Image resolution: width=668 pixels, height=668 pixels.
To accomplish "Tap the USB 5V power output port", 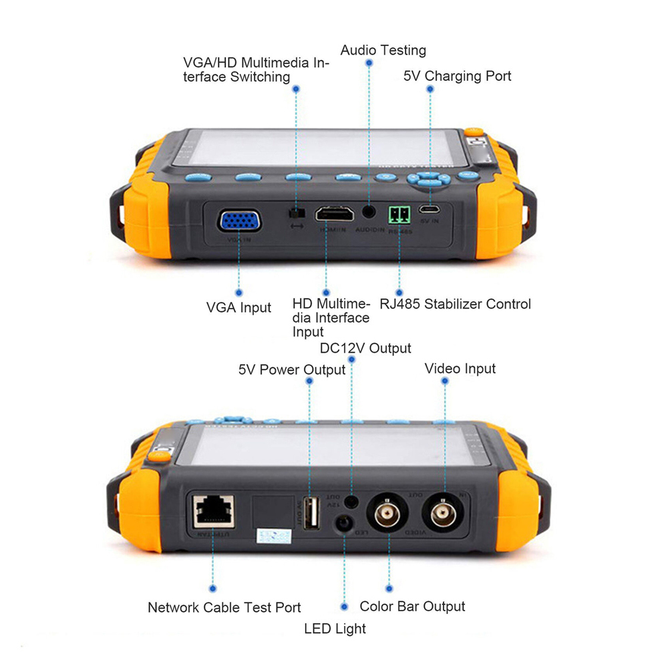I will [x=311, y=514].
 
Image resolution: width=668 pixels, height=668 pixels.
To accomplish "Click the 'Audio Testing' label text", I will [x=383, y=50].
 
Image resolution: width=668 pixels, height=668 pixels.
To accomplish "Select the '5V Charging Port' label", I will [x=457, y=76].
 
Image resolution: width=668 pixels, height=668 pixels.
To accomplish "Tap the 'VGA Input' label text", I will [x=238, y=308].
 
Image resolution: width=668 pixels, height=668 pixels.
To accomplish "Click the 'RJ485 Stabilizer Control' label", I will [x=455, y=305].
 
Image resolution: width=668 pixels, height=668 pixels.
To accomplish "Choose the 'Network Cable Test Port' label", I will [x=224, y=608].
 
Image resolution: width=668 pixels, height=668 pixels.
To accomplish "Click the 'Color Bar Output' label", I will [x=412, y=607].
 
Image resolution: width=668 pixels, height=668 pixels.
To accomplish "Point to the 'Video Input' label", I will [x=460, y=369].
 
